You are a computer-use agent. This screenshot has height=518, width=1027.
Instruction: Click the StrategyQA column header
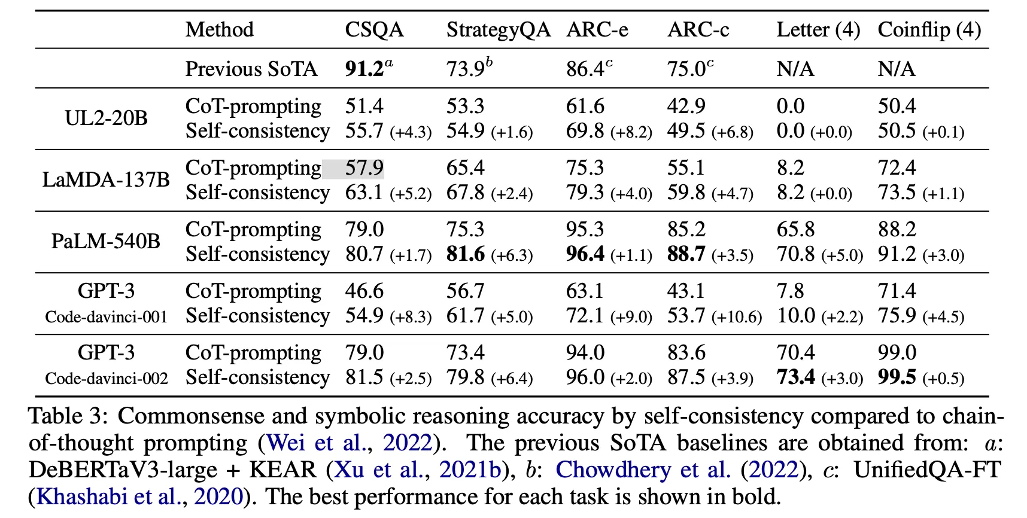point(498,30)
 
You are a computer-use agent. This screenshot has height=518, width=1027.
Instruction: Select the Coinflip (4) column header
point(929,30)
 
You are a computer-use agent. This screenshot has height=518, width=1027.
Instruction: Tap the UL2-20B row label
point(106,118)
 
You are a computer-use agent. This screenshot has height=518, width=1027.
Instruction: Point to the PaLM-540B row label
point(106,242)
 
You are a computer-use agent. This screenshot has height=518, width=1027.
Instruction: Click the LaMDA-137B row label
point(106,180)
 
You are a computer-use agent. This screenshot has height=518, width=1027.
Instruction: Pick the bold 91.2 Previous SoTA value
point(364,69)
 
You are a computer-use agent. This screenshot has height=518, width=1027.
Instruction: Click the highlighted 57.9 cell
point(364,168)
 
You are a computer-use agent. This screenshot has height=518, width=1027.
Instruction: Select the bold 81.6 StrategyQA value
point(466,254)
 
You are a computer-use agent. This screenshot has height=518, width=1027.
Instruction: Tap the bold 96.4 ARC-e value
point(585,254)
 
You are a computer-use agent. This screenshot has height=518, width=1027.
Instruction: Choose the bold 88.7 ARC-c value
point(686,254)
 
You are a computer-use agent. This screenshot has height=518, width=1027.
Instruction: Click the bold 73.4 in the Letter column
point(796,377)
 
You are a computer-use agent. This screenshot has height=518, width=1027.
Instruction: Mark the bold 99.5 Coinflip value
point(897,377)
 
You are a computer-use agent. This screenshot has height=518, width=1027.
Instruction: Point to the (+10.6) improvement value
point(737,317)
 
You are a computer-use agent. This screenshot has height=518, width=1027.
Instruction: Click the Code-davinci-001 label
point(107,317)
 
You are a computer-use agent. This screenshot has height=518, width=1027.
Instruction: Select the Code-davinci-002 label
point(107,379)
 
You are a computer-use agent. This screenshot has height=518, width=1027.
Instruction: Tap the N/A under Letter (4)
point(795,69)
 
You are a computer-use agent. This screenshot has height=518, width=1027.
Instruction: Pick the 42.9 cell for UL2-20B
point(686,106)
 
